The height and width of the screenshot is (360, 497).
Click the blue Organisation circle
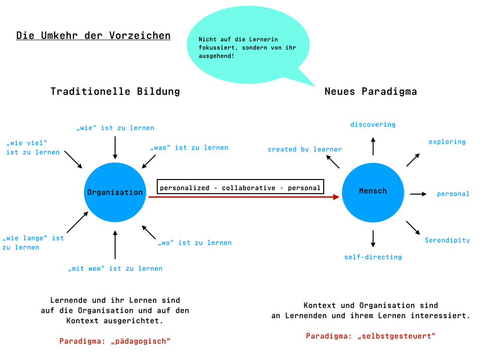[115, 192]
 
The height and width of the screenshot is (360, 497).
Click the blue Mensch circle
[373, 192]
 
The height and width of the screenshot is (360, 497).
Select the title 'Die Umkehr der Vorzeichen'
[93, 35]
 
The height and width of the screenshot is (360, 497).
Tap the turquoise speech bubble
[243, 46]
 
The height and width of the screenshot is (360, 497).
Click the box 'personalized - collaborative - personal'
[240, 187]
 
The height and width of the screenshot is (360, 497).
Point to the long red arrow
[243, 197]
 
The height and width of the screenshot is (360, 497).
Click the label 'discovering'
[373, 125]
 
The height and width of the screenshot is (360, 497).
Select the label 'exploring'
[447, 142]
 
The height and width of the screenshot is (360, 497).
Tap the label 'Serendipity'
[447, 240]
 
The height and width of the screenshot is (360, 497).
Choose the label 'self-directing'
[373, 257]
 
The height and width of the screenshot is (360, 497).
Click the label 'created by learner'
[305, 149]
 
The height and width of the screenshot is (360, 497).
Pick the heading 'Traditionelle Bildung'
[115, 91]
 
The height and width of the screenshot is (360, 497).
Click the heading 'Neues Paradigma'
[371, 91]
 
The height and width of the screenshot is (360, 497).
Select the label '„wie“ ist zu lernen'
[115, 128]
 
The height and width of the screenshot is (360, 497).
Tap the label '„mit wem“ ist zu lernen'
[115, 268]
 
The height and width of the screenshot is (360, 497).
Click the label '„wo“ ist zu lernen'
[195, 243]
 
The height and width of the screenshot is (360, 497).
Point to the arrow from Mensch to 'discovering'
[373, 146]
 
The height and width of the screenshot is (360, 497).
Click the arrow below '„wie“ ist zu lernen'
[115, 147]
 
